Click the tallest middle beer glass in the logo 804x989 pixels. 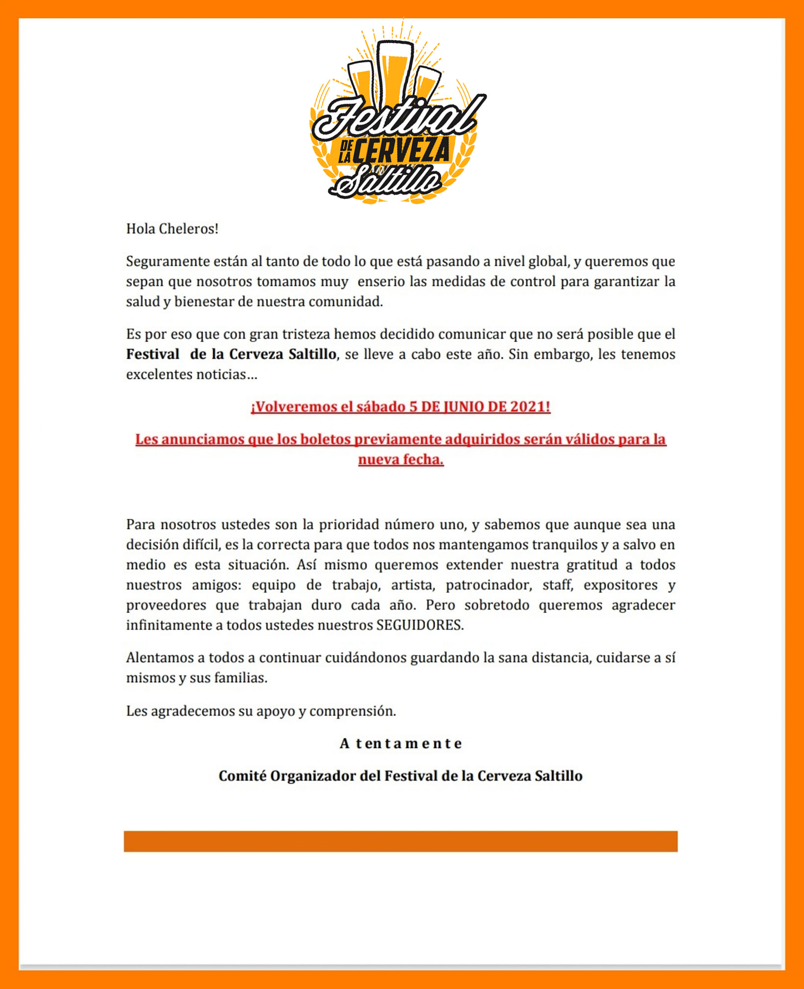click(395, 69)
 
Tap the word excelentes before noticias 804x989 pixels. click(159, 374)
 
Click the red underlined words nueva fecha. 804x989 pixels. click(401, 459)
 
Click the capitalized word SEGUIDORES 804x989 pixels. click(419, 625)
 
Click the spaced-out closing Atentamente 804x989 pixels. click(401, 743)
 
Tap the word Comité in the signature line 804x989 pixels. click(242, 775)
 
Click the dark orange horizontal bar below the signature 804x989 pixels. click(401, 841)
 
